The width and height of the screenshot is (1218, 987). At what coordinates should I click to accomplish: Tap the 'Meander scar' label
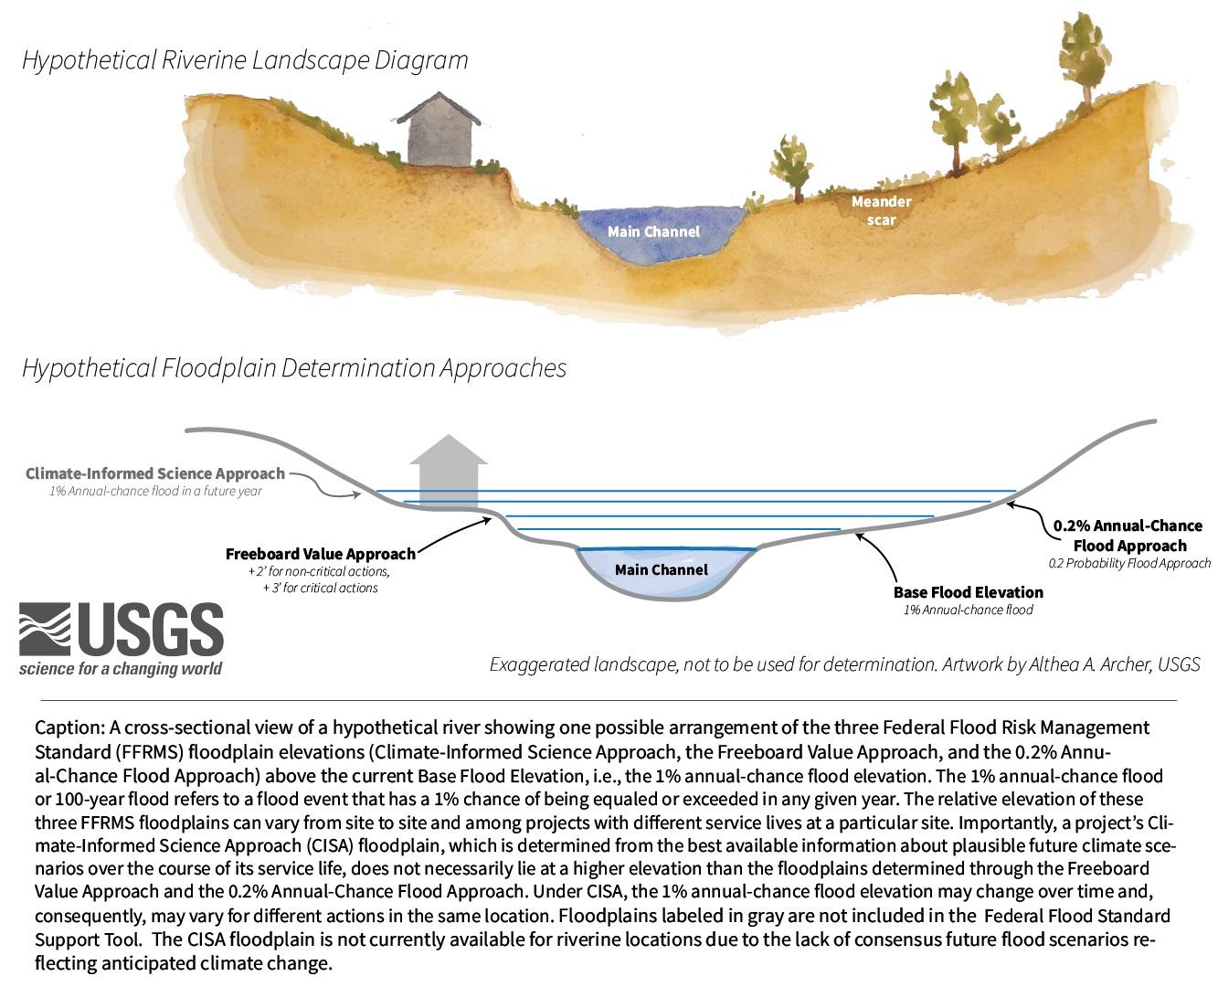[881, 210]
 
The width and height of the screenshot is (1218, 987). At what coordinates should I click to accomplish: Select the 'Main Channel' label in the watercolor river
[653, 232]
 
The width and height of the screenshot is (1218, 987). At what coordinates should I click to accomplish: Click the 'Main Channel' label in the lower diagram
[661, 570]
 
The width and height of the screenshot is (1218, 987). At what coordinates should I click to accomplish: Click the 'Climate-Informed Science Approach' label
[155, 473]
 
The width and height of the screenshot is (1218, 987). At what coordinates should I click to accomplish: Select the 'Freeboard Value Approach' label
[320, 554]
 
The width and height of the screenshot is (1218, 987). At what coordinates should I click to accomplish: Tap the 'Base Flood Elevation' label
[968, 592]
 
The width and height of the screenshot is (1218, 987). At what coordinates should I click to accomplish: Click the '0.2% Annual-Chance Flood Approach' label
[1128, 536]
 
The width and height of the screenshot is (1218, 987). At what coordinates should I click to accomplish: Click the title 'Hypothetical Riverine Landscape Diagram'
[245, 60]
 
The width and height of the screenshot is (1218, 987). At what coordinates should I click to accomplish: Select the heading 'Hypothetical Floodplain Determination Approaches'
[293, 368]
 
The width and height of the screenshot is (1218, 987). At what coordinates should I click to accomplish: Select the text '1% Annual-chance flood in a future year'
[155, 492]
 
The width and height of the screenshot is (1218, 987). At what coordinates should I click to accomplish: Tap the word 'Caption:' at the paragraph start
[69, 728]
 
